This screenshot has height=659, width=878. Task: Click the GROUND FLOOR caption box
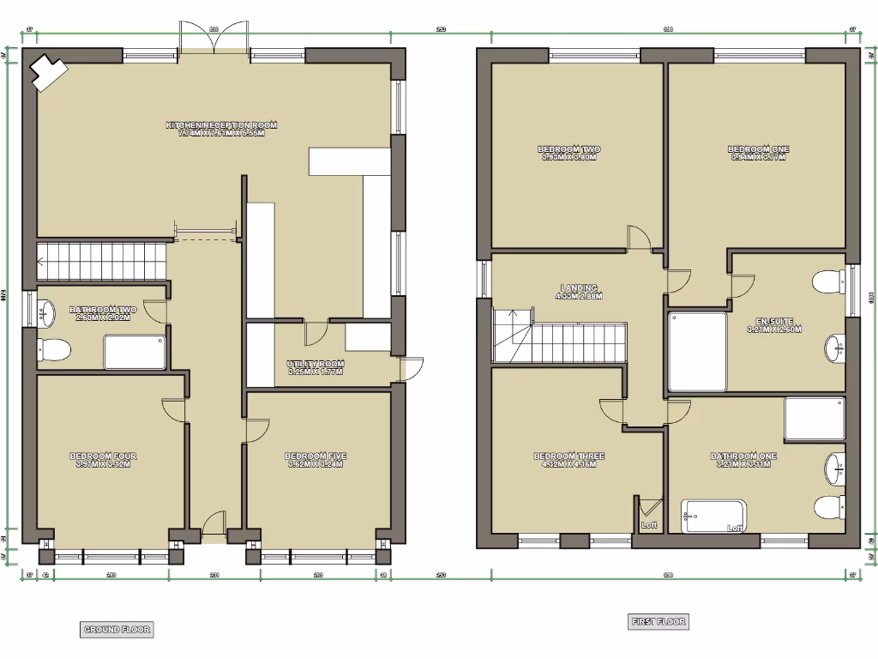pos(117,630)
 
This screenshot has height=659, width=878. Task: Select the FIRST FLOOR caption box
pos(658,622)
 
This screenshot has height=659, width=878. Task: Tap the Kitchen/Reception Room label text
pos(221,130)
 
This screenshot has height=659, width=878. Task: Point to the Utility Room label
pos(315,368)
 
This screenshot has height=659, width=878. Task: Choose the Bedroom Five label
pos(315,460)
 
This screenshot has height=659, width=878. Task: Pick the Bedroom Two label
pos(569,153)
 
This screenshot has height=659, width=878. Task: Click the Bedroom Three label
pos(563,460)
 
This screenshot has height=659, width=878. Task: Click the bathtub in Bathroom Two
pos(135,352)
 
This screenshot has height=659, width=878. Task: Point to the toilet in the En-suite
pos(828,282)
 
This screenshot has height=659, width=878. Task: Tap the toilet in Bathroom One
pos(829,507)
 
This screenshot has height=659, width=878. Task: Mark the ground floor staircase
pos(100,260)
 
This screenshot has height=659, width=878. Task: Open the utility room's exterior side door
pos(412,369)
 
